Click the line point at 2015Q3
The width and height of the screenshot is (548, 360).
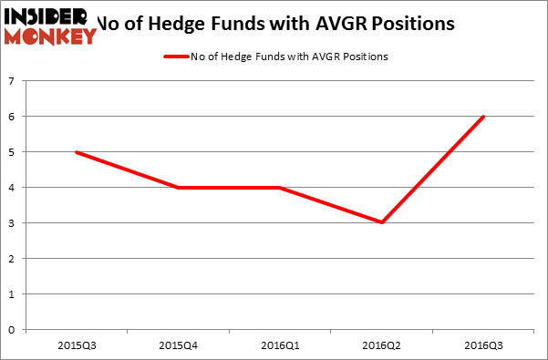pyautogui.click(x=75, y=152)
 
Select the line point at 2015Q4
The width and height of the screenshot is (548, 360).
pyautogui.click(x=178, y=188)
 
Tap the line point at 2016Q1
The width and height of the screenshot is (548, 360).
pyautogui.click(x=280, y=188)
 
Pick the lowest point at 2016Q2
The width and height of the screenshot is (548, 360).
pyautogui.click(x=382, y=222)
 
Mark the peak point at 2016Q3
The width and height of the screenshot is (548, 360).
pyautogui.click(x=483, y=117)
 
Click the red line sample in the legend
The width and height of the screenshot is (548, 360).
pyautogui.click(x=177, y=57)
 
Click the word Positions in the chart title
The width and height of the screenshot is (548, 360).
pyautogui.click(x=407, y=21)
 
